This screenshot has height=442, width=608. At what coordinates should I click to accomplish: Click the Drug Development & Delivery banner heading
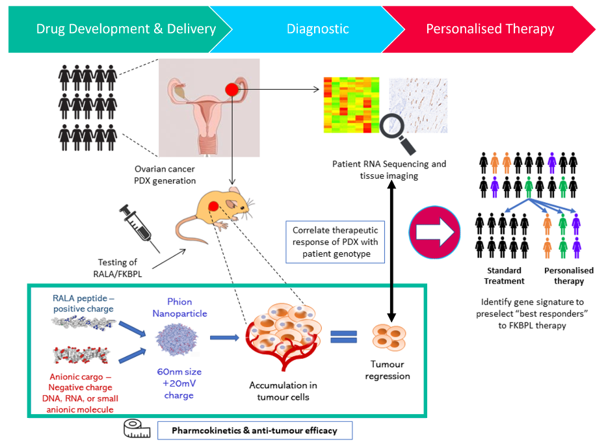(x=126, y=29)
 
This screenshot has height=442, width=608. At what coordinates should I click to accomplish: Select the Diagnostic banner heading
(x=317, y=29)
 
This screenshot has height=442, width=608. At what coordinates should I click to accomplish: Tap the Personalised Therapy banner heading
(x=490, y=29)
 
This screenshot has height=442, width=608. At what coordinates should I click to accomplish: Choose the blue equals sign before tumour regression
(x=343, y=337)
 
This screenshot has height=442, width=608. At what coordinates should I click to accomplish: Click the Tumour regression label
(x=388, y=370)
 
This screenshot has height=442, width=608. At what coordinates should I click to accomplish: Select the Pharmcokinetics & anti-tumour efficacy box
(x=255, y=430)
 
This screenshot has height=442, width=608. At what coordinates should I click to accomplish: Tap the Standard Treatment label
(x=504, y=276)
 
